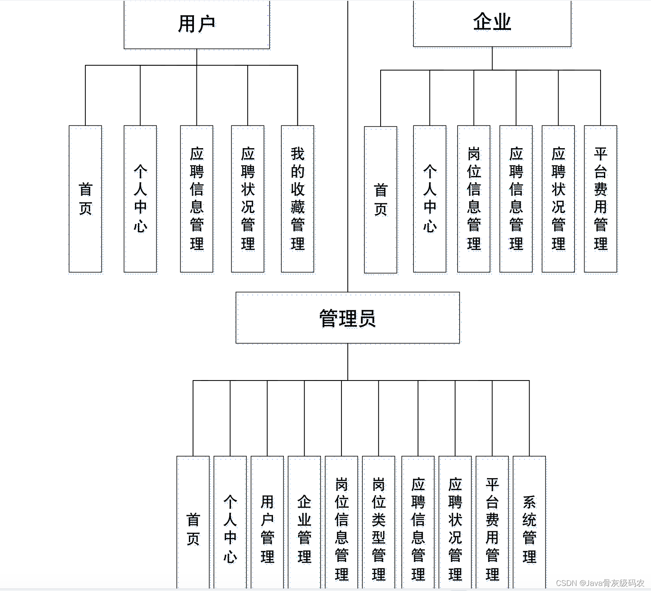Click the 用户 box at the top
(197, 24)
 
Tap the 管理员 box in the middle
(347, 318)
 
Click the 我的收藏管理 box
(297, 199)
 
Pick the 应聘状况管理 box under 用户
(248, 199)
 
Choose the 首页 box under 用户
(85, 199)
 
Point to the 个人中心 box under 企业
(429, 199)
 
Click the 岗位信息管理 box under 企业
(474, 199)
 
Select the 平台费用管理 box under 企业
(601, 199)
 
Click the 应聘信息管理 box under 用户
(197, 199)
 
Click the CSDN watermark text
(600, 583)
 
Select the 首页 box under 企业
(381, 200)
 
